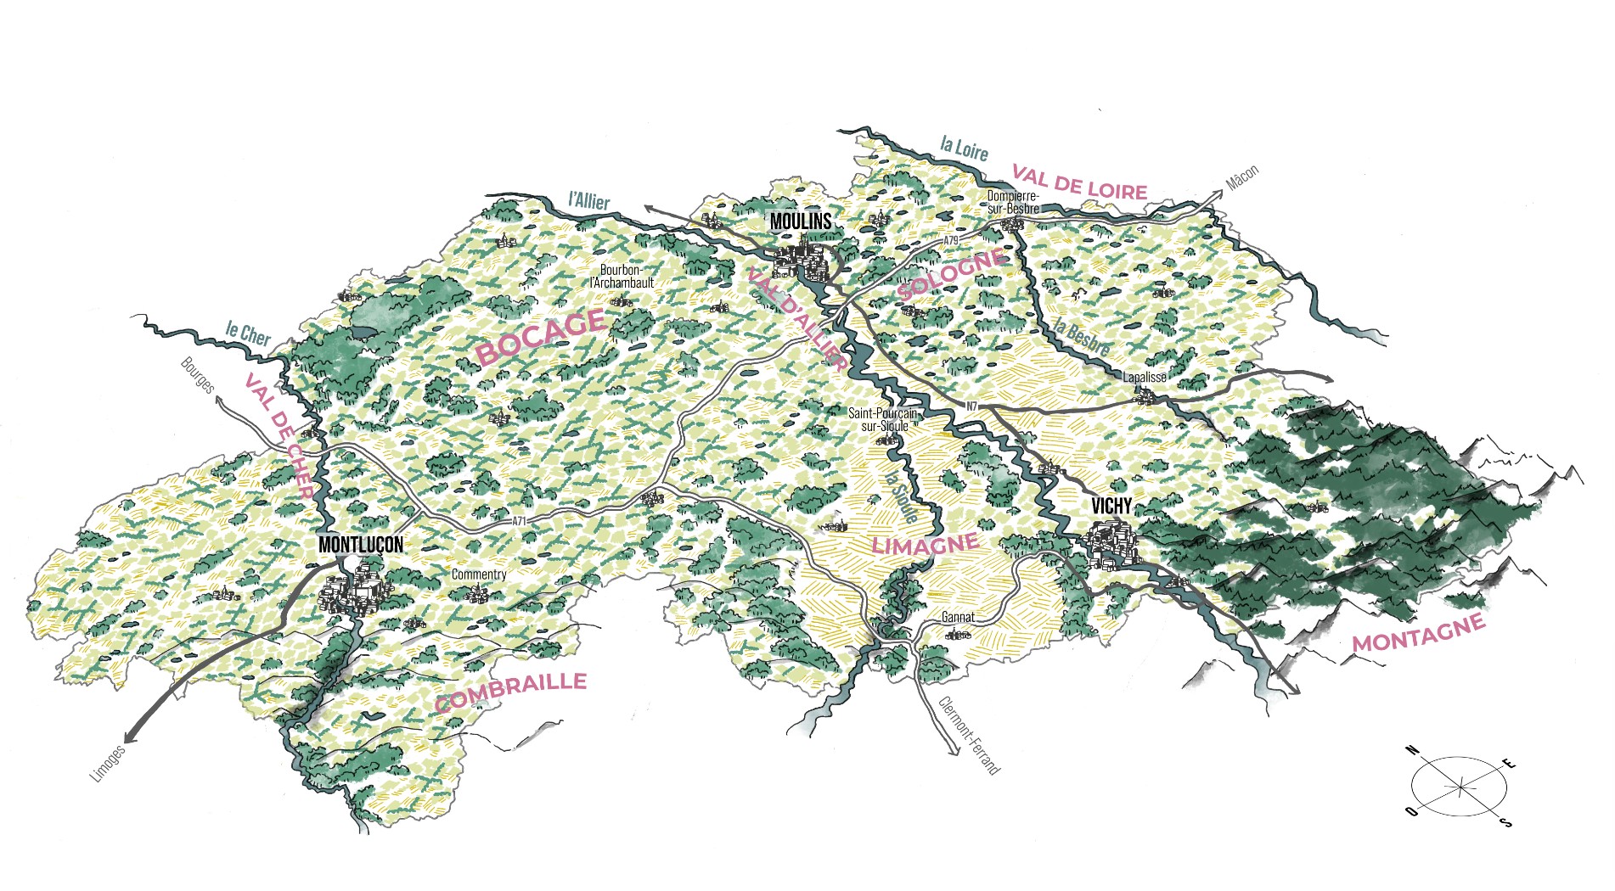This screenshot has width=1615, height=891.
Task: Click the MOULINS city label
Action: point(800,222)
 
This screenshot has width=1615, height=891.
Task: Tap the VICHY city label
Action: point(1111,507)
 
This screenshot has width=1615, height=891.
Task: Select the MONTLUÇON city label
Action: point(361,545)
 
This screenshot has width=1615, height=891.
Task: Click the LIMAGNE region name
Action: point(925,544)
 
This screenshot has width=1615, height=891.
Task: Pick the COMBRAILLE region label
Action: point(510,692)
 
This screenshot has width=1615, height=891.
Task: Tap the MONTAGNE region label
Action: point(1419,632)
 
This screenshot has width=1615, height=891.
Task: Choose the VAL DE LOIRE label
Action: point(1079,182)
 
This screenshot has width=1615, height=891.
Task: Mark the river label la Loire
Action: point(964,148)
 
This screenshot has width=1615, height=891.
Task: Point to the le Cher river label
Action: point(248,333)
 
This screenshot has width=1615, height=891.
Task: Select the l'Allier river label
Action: point(588,200)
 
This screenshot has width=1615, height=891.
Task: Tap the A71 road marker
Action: point(519,521)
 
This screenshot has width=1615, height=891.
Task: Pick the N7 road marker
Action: point(971,406)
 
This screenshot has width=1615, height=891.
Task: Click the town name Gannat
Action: point(958,617)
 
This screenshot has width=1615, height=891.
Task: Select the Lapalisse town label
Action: point(1145,377)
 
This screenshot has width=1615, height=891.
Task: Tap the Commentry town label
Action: point(479,574)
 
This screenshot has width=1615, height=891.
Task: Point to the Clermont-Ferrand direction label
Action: point(969,735)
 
